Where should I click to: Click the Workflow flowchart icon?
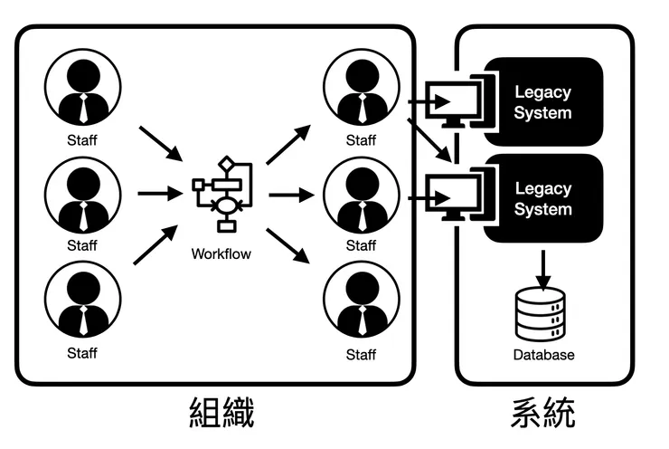(222, 193)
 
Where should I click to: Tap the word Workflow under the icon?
(221, 254)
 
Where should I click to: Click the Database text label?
(543, 356)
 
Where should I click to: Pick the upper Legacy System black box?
(543, 101)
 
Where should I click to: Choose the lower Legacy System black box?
(543, 198)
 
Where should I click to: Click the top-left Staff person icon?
(81, 89)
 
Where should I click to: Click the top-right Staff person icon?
(361, 89)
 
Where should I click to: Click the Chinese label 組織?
(222, 413)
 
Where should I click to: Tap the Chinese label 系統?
(542, 413)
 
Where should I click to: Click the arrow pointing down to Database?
(543, 267)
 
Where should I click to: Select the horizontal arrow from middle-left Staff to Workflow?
(159, 193)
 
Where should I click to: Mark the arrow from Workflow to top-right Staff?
(288, 146)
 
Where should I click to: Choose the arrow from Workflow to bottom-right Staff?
(288, 243)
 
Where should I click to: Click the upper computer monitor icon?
(455, 101)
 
